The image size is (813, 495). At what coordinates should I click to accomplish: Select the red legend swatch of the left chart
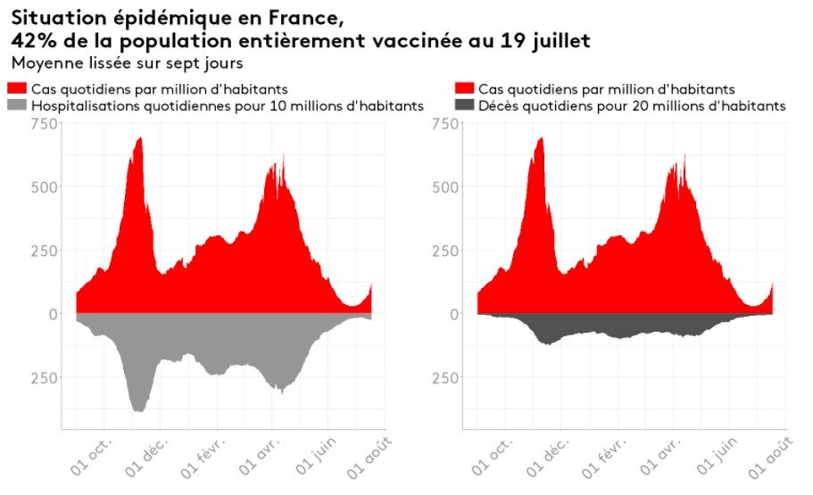tap(17, 89)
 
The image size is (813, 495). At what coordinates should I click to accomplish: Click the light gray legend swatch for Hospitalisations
tap(17, 106)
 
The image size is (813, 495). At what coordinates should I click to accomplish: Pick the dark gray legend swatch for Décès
tap(464, 106)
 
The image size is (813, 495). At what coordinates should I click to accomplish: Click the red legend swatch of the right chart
tap(464, 89)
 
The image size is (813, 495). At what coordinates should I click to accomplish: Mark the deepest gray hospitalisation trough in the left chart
tap(138, 408)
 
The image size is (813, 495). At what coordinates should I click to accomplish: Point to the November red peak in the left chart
tap(139, 141)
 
